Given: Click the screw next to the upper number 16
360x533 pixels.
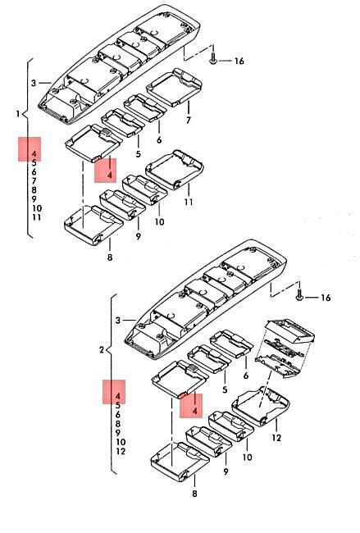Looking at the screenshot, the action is tap(213, 55).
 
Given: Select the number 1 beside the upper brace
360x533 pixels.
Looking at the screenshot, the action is tap(18, 113).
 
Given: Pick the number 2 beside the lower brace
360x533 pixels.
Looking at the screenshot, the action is tap(102, 349).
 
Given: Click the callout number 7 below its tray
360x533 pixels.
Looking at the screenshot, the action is tap(189, 120).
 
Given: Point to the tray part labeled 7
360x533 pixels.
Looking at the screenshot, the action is tap(174, 88).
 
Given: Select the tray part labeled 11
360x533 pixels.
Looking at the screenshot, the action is tap(175, 169).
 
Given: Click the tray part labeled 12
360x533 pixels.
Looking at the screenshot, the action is tap(261, 406).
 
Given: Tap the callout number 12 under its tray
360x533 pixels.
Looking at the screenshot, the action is tap(276, 438).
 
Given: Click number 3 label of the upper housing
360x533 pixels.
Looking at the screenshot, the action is tap(34, 83).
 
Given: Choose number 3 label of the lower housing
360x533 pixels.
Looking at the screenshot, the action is tap(118, 320).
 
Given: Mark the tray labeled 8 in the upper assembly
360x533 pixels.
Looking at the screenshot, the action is tap(93, 225).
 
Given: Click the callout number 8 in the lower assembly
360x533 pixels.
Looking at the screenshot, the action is tap(194, 494).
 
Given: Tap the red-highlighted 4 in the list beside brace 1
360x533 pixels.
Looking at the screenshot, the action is tap(34, 153).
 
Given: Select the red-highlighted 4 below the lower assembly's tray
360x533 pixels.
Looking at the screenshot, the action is tap(195, 412).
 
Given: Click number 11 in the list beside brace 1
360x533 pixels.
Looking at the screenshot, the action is tap(37, 217).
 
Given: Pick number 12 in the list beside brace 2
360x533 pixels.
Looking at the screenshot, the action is tap(121, 452).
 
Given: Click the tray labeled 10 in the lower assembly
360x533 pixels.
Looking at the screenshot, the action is tap(230, 426).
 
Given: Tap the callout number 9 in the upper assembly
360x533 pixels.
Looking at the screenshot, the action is tap(138, 236).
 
